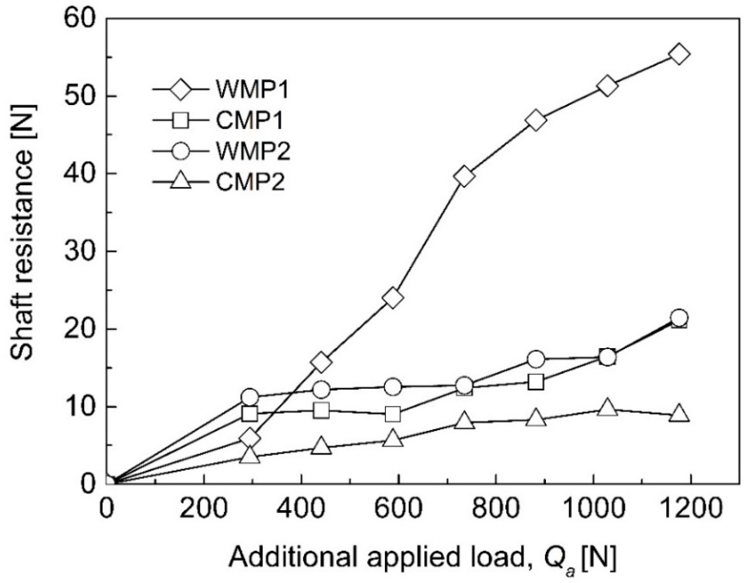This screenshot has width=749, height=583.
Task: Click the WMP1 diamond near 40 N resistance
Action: tap(464, 176)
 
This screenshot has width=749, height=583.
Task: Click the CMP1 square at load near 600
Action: tap(393, 414)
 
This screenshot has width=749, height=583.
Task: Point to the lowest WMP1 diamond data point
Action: tap(250, 438)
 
